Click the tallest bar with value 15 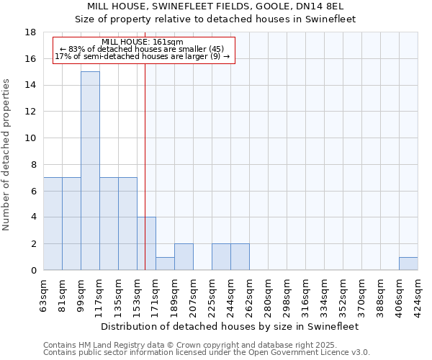click(x=90, y=171)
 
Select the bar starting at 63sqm click(x=53, y=224)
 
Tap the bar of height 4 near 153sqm click(x=146, y=243)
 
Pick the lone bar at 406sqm click(x=408, y=264)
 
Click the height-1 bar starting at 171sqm click(x=165, y=264)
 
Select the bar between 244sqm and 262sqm click(x=240, y=257)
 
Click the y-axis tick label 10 click(x=30, y=138)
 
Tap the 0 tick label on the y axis click(x=33, y=271)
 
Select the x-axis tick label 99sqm click(x=81, y=293)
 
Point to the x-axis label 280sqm click(x=268, y=293)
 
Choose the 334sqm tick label click(x=324, y=293)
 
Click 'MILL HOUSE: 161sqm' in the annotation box click(x=143, y=42)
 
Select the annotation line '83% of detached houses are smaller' click(x=143, y=49)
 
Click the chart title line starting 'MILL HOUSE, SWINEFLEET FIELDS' click(x=215, y=6)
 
